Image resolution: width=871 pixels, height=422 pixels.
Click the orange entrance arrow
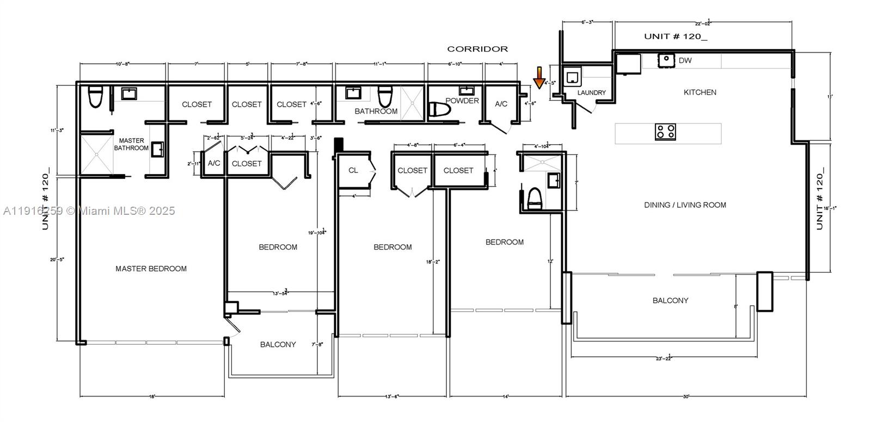[539, 77]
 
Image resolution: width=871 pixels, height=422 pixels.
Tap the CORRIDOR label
[477, 49]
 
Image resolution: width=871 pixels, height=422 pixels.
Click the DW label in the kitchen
[685, 60]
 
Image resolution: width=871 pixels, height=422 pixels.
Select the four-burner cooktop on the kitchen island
[665, 132]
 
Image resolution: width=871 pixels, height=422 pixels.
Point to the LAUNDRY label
[591, 93]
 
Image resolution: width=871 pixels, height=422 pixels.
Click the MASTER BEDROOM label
[151, 269]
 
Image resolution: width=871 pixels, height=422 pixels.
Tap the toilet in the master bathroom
[95, 97]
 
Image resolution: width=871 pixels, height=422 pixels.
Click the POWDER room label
[462, 101]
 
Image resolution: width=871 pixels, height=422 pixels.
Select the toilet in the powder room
[440, 110]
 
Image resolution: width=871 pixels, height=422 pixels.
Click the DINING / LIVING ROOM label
[685, 205]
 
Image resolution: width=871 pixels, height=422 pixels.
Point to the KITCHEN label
[700, 92]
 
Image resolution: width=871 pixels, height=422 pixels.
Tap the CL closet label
[353, 170]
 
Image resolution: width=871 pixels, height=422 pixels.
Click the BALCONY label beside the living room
[670, 300]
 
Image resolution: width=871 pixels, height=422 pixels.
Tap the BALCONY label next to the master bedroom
[278, 344]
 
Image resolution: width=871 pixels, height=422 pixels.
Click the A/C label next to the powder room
[501, 103]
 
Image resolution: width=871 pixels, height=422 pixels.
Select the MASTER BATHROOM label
[131, 144]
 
